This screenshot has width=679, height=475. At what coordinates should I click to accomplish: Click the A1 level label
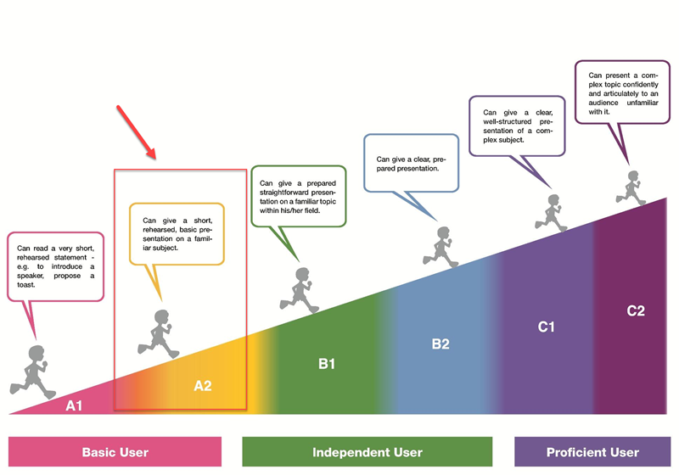pyautogui.click(x=74, y=405)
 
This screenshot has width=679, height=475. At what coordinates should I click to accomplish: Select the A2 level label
pyautogui.click(x=202, y=385)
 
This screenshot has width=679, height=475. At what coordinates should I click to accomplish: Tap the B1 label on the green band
pyautogui.click(x=328, y=364)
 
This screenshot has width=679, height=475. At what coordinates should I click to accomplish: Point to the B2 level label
pyautogui.click(x=441, y=344)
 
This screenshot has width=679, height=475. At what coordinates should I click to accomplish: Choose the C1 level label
pyautogui.click(x=547, y=326)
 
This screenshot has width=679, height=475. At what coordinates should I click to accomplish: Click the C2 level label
pyautogui.click(x=636, y=310)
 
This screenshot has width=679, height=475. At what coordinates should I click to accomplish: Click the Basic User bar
pyautogui.click(x=115, y=451)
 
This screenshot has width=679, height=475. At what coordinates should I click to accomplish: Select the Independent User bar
pyautogui.click(x=367, y=451)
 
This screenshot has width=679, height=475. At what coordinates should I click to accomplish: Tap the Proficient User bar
pyautogui.click(x=592, y=451)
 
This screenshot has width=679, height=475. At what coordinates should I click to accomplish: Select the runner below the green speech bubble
pyautogui.click(x=298, y=289)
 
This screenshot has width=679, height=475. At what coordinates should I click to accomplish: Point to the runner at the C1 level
pyautogui.click(x=550, y=212)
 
